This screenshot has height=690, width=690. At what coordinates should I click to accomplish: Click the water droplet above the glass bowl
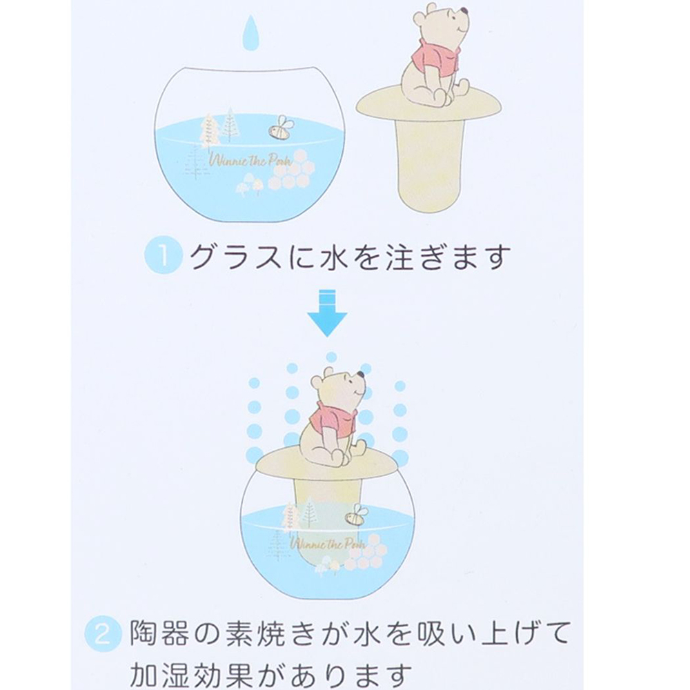coord(250,34)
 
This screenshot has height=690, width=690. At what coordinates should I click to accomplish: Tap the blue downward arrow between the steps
coord(326,313)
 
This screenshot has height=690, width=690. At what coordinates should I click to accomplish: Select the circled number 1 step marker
coord(163,256)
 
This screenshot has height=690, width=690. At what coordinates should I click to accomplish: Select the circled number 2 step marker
coord(102,634)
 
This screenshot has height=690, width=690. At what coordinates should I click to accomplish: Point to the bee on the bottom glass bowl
coord(355,515)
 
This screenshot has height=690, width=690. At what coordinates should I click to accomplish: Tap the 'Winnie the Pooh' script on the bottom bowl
coord(328,544)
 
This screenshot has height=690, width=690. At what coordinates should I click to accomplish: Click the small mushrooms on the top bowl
coord(250,184)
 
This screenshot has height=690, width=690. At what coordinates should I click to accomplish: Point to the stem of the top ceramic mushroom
coord(431,163)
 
